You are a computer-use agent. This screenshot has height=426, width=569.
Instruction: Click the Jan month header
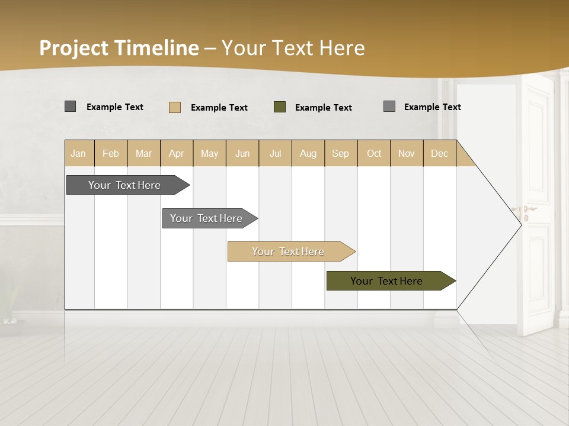pyautogui.click(x=79, y=153)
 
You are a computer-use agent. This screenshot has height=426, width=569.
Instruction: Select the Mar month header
pyautogui.click(x=143, y=153)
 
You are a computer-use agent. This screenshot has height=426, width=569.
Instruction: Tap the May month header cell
pyautogui.click(x=209, y=153)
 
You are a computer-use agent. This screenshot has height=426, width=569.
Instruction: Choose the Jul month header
pyautogui.click(x=275, y=153)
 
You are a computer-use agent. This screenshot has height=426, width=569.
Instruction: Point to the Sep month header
pyautogui.click(x=341, y=153)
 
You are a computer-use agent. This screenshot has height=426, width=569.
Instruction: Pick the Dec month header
pyautogui.click(x=439, y=153)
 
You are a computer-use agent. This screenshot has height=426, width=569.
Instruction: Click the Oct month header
pyautogui.click(x=374, y=153)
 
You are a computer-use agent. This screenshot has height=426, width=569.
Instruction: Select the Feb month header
pyautogui.click(x=111, y=153)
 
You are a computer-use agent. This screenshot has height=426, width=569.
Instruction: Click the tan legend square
pyautogui.click(x=175, y=107)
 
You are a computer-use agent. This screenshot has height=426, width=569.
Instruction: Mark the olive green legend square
pyautogui.click(x=280, y=107)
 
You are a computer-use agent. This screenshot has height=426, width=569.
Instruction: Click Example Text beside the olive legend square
pyautogui.click(x=324, y=108)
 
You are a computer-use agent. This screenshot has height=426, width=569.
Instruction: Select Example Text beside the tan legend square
pyautogui.click(x=219, y=108)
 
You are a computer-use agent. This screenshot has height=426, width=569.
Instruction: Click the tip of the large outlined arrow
pyautogui.click(x=520, y=224)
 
